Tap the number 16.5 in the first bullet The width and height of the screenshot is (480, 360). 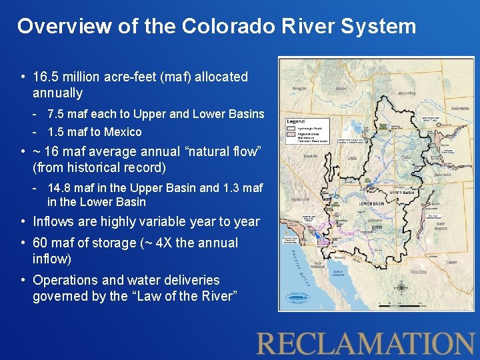[x=47, y=77]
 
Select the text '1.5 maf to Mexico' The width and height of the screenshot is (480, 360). [x=95, y=132]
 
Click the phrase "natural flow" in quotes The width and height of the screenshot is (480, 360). [x=215, y=151]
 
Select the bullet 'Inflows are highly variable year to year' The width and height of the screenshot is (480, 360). [x=146, y=221]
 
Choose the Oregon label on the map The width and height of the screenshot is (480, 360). [x=299, y=87]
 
